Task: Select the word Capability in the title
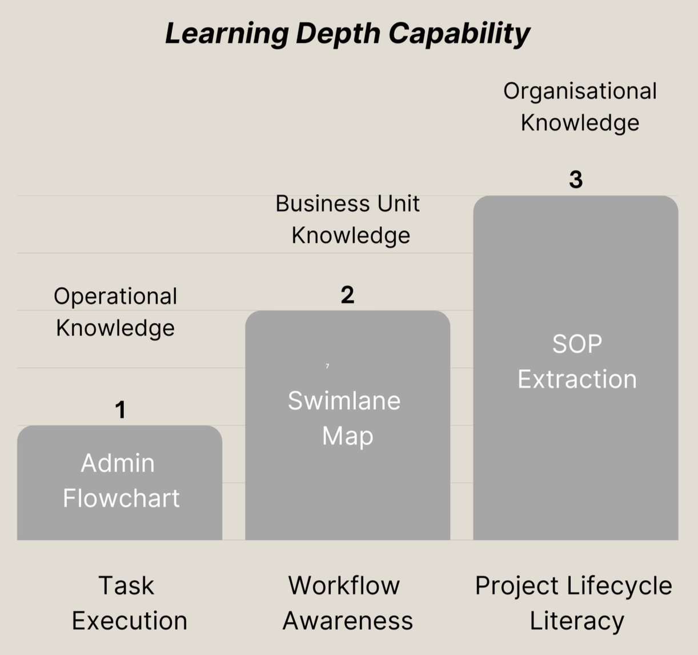coord(459,34)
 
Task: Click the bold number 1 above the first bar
coord(120,410)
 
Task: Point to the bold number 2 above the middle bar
coord(347,295)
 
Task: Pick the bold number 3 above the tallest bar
coord(576,179)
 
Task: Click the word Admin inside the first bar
coord(118,463)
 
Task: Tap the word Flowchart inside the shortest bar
coord(121,498)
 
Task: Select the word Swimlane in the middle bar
coord(344,401)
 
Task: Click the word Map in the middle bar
coord(347,436)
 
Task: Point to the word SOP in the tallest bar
coord(577,344)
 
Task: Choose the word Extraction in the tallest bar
coord(577,380)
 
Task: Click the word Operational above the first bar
coord(115,297)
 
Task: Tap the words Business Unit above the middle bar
coord(347,203)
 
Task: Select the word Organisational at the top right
coord(580,91)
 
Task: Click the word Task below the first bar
coord(126,586)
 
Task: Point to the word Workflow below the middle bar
coord(344,586)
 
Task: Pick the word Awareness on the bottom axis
coord(347,621)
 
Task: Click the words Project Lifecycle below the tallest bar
coord(573,586)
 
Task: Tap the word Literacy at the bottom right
coord(577,621)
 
